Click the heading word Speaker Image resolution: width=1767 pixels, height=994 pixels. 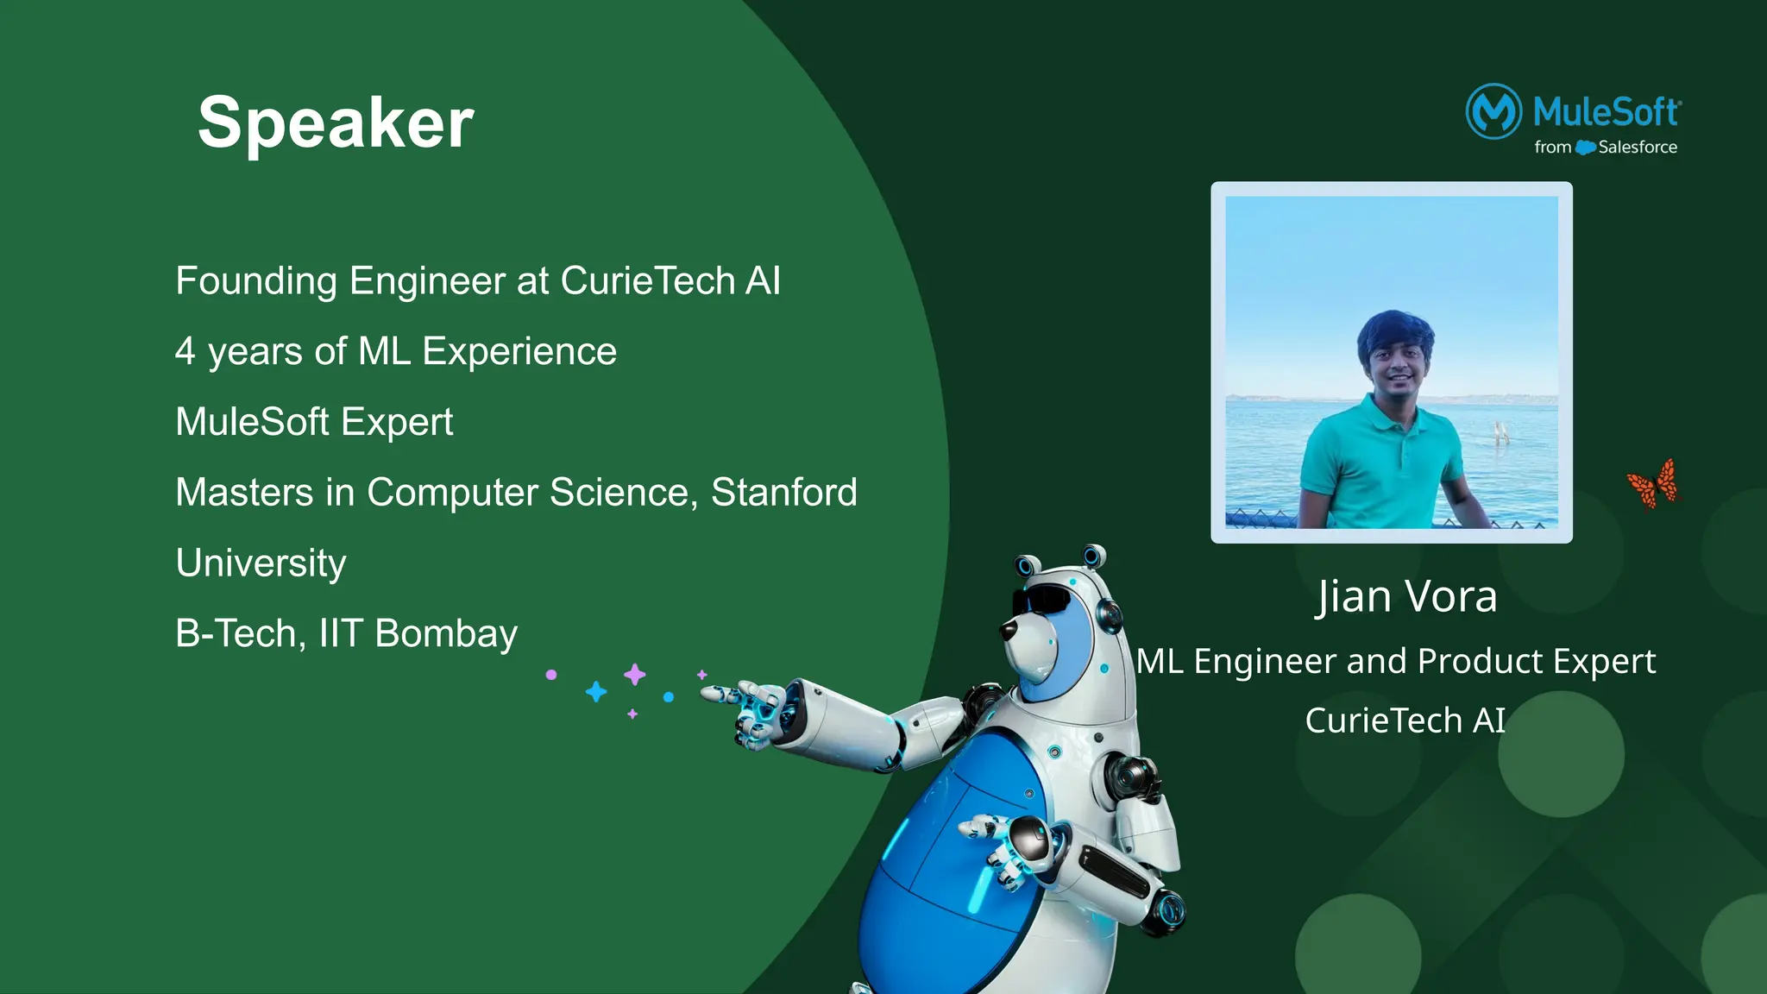point(336,123)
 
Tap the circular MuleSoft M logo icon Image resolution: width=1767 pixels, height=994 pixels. point(1493,111)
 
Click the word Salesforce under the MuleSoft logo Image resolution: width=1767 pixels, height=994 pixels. point(1637,148)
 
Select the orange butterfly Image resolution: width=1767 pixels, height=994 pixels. point(1654,483)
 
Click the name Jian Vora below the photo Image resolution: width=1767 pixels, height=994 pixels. point(1406,597)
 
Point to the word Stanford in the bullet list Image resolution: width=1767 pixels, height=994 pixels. point(783,493)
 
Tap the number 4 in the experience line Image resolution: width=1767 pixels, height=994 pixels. point(185,352)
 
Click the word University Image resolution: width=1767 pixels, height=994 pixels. point(261,563)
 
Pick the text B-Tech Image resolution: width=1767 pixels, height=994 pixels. point(236,633)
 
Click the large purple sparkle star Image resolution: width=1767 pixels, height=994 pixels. point(635,674)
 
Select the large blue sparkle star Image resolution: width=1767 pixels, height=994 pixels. point(596,691)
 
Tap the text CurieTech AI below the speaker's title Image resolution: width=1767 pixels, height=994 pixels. point(1405,720)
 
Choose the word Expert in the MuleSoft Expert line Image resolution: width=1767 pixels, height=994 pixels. point(397,422)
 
